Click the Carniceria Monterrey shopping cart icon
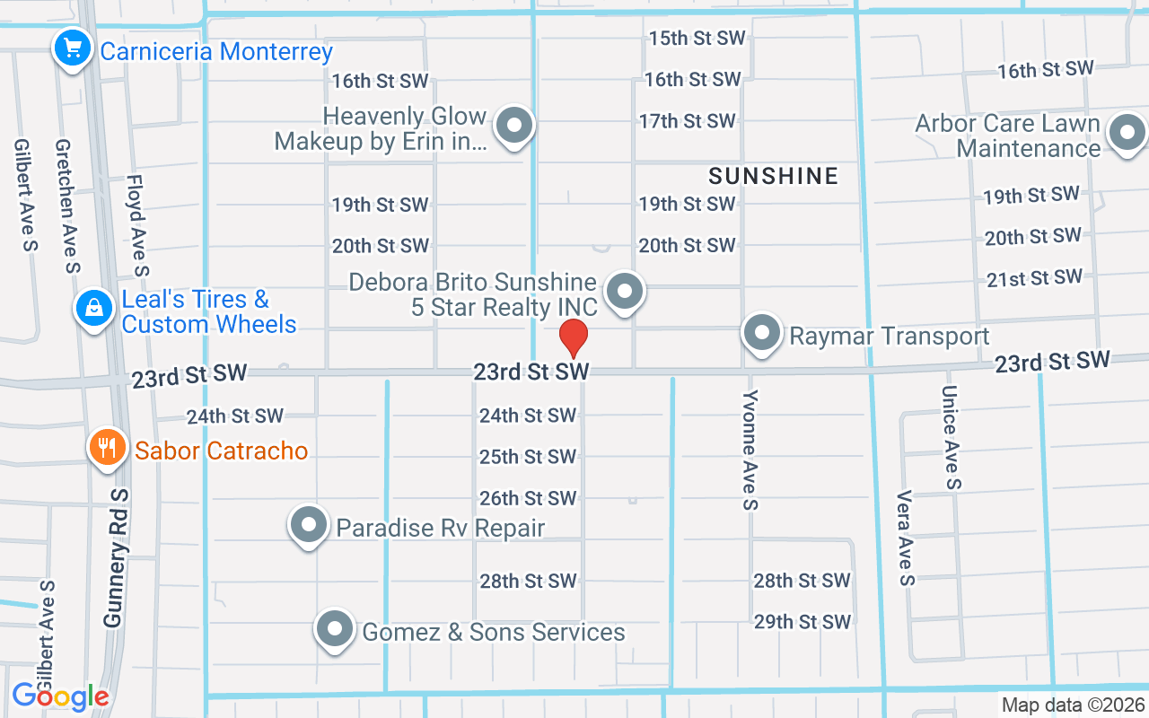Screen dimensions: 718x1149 71,48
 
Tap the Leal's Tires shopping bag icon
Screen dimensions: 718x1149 93,309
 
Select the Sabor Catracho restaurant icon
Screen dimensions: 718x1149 108,447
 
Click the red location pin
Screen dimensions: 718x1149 573,338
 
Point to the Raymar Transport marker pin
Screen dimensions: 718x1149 762,333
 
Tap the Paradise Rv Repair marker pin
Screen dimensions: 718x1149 310,525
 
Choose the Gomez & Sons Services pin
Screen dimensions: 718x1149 336,629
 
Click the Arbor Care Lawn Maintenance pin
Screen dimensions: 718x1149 1127,135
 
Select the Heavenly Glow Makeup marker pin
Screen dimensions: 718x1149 514,127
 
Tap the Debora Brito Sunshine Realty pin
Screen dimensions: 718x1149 625,292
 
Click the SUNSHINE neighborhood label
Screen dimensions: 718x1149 773,176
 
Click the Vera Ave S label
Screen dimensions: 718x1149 905,538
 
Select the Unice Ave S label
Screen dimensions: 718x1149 952,437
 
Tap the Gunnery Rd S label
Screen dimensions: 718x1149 117,558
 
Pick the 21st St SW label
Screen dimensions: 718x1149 1034,278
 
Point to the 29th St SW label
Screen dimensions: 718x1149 802,621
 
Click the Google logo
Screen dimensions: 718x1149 60,696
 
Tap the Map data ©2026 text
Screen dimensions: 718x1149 1074,705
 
